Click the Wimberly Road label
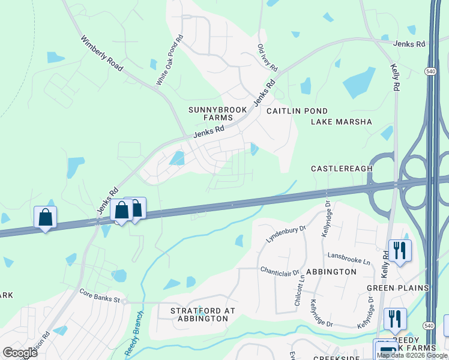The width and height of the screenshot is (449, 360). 103,53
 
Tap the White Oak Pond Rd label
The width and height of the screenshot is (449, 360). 170,61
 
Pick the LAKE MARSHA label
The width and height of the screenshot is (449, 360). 342,122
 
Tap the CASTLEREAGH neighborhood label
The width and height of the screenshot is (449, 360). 342,169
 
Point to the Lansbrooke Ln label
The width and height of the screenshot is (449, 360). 349,258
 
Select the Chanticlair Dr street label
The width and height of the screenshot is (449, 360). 280,271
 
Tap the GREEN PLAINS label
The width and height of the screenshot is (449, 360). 398,288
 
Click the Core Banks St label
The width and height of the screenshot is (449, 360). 100,295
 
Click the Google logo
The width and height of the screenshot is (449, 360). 20,352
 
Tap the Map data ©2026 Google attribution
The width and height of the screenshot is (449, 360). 411,355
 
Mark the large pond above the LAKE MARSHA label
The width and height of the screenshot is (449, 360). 358,83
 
